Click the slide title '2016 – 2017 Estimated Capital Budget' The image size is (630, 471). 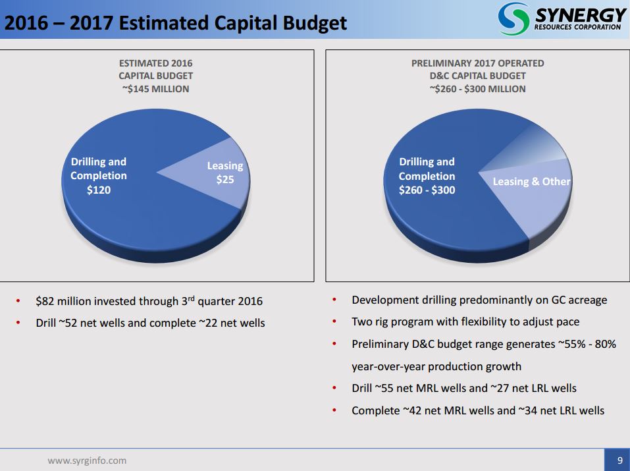point(175,23)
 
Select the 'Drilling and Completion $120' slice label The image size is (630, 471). point(99,176)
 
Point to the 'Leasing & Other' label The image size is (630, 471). point(531,181)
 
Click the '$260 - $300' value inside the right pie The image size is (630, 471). point(427,190)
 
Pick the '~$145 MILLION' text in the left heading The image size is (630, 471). point(155,88)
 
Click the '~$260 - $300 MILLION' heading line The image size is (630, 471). point(477,88)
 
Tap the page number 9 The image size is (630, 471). point(619,460)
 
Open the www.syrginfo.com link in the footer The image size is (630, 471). point(87,460)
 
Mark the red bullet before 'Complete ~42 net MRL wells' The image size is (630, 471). point(334,410)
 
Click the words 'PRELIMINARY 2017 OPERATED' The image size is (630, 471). point(477,63)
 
